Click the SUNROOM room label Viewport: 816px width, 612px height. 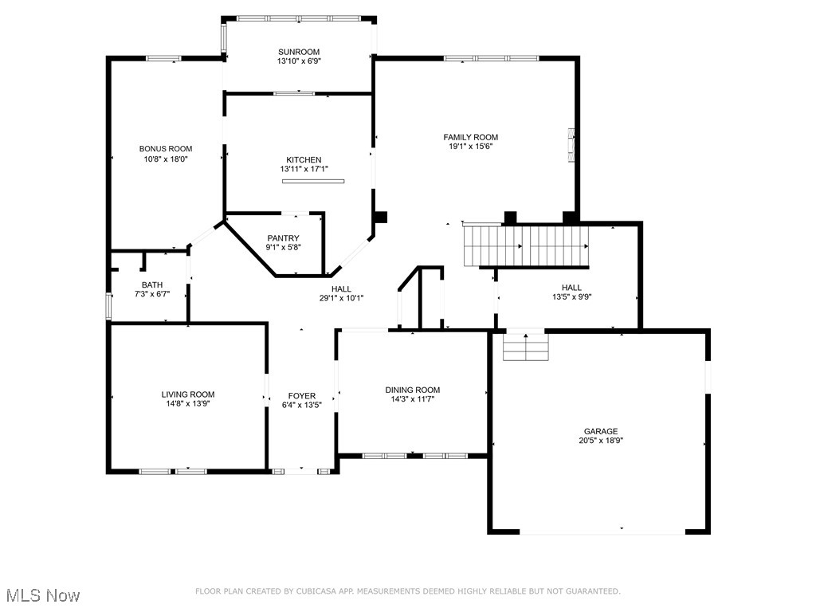pyautogui.click(x=299, y=52)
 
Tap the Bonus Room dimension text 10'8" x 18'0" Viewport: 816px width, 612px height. pyautogui.click(x=166, y=159)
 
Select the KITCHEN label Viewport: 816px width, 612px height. pyautogui.click(x=304, y=159)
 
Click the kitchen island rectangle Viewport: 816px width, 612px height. pyautogui.click(x=313, y=182)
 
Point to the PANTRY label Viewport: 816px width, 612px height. pyautogui.click(x=283, y=237)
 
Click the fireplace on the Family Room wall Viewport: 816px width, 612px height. pyautogui.click(x=571, y=146)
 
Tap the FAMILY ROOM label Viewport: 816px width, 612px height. pyautogui.click(x=470, y=137)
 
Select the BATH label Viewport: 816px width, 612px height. pyautogui.click(x=152, y=284)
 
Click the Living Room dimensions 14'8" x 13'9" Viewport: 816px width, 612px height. pyautogui.click(x=188, y=404)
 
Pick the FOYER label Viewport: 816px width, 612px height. pyautogui.click(x=302, y=396)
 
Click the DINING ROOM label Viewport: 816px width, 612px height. pyautogui.click(x=413, y=390)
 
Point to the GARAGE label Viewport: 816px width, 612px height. pyautogui.click(x=599, y=431)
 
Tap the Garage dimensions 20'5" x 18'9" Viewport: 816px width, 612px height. pyautogui.click(x=599, y=441)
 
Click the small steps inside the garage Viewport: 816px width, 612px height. pyautogui.click(x=526, y=346)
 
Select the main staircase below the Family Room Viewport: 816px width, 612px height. pyautogui.click(x=526, y=245)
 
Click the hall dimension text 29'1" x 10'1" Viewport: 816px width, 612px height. pyautogui.click(x=341, y=299)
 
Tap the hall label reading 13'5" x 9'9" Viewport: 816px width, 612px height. pyautogui.click(x=571, y=297)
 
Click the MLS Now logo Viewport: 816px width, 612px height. pyautogui.click(x=42, y=595)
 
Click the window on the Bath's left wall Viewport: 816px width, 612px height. pyautogui.click(x=109, y=307)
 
